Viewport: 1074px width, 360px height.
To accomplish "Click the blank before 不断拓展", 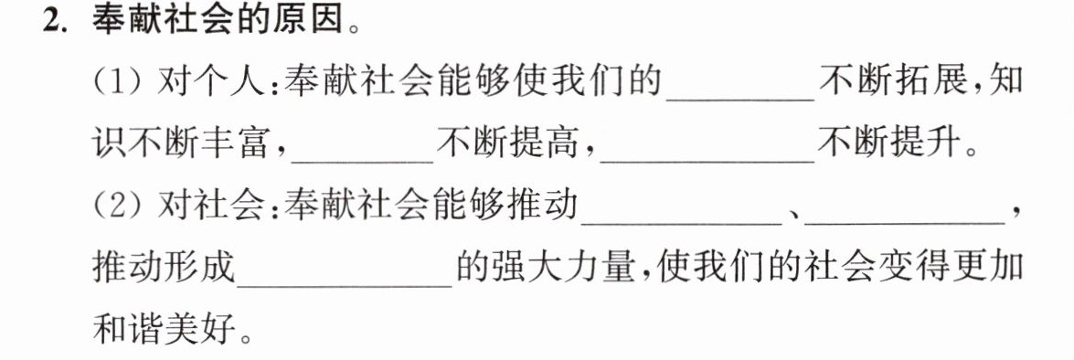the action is (740, 100).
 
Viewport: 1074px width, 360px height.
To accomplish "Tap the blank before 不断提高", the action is (362, 162).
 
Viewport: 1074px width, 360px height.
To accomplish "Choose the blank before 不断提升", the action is (707, 162).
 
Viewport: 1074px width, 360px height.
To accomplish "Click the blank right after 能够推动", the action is (682, 223).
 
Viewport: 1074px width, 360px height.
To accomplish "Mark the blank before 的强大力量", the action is (344, 285).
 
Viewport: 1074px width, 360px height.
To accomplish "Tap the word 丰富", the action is (236, 144).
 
